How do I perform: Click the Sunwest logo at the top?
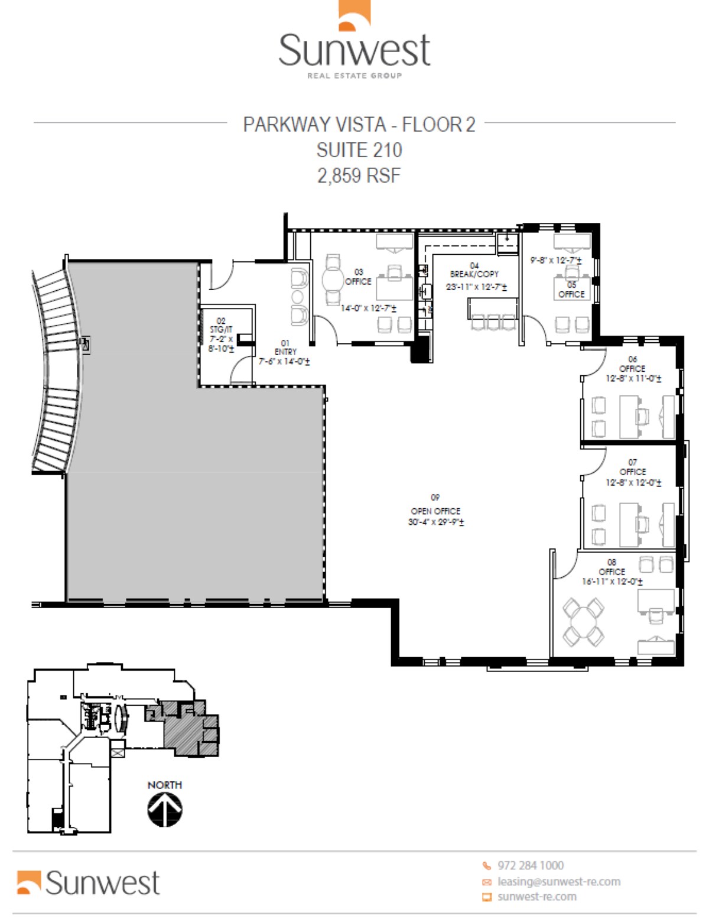tap(354, 41)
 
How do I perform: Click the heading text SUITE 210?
tap(359, 150)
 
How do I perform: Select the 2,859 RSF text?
tap(359, 176)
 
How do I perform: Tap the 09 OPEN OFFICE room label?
tap(435, 511)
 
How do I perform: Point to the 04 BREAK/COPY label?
tap(474, 274)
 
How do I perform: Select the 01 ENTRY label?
tap(285, 351)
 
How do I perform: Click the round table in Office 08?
tap(583, 622)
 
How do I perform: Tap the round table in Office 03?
tap(333, 280)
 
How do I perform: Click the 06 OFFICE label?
tap(632, 368)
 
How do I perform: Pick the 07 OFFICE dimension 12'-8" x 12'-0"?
tap(633, 482)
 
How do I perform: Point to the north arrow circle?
tap(165, 809)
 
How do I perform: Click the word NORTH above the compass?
tap(165, 785)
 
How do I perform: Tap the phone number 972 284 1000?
tap(530, 865)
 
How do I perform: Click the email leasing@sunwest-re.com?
tap(558, 881)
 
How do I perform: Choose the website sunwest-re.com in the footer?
tap(536, 897)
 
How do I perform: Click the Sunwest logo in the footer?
tap(89, 882)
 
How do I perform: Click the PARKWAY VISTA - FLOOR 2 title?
tap(359, 125)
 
